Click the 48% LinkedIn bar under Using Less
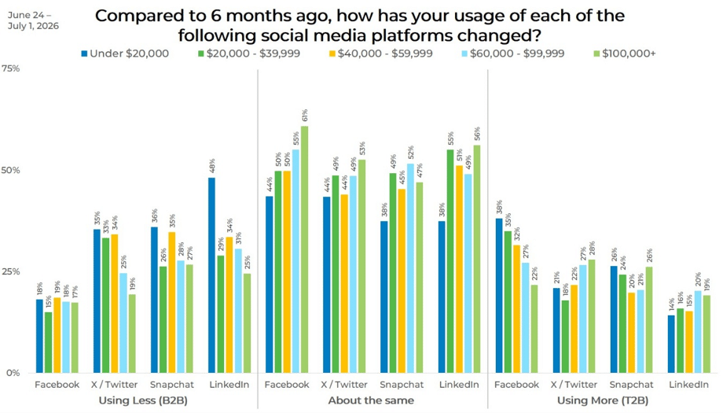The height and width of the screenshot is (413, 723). coord(211,275)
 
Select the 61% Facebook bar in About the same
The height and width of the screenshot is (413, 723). coord(304,249)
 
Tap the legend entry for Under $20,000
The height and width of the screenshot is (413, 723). coord(125,53)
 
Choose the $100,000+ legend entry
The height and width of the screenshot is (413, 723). coord(624,53)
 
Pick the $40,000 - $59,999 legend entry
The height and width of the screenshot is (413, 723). coord(380,53)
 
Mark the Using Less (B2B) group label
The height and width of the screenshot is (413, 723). coord(143,400)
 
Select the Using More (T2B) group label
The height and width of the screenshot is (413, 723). coord(603,400)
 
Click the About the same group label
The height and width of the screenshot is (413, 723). coord(371,400)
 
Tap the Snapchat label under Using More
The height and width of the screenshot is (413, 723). coord(631,385)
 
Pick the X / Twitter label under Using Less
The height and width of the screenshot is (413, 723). coord(114,385)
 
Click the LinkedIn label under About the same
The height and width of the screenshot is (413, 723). coord(459,385)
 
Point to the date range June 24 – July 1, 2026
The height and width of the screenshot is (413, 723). coord(33,20)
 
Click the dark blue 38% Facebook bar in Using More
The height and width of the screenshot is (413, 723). coord(499,296)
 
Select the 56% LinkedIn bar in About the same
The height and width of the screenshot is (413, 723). coord(477,259)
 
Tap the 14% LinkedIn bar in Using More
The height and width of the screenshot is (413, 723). coord(671,345)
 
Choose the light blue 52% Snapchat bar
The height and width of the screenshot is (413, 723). coord(411,268)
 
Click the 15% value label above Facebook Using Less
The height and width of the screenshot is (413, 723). coord(49,302)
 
